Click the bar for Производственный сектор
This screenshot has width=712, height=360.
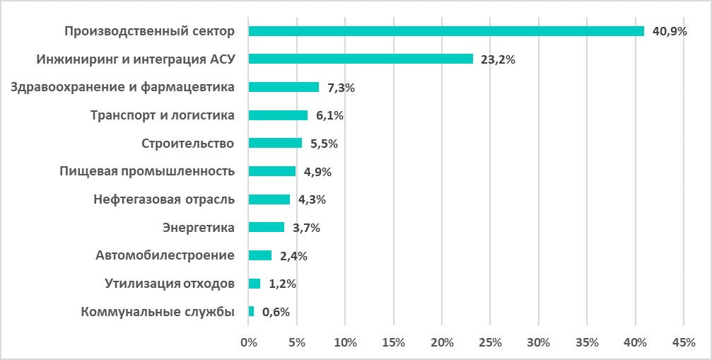coord(446,31)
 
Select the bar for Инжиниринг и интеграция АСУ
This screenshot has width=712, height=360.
coord(361,59)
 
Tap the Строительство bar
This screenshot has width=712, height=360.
coord(275,143)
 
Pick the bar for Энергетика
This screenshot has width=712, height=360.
coord(267,227)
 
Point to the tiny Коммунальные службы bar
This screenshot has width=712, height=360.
coord(251,311)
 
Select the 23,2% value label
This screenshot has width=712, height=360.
coord(498,60)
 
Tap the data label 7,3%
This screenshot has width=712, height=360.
coord(341,88)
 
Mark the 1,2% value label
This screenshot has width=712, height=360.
coord(282,284)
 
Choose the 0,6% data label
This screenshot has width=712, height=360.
coord(276,312)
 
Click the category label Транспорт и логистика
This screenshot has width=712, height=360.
coord(163,115)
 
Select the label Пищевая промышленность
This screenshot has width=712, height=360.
coord(146,171)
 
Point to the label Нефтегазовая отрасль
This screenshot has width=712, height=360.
coord(163,199)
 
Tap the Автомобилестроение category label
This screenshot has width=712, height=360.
coord(165,255)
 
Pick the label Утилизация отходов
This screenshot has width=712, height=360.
coord(169,284)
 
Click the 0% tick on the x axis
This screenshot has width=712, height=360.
coord(248,343)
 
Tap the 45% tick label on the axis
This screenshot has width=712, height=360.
coord(684,343)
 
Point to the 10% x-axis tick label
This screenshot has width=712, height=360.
coord(345,343)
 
